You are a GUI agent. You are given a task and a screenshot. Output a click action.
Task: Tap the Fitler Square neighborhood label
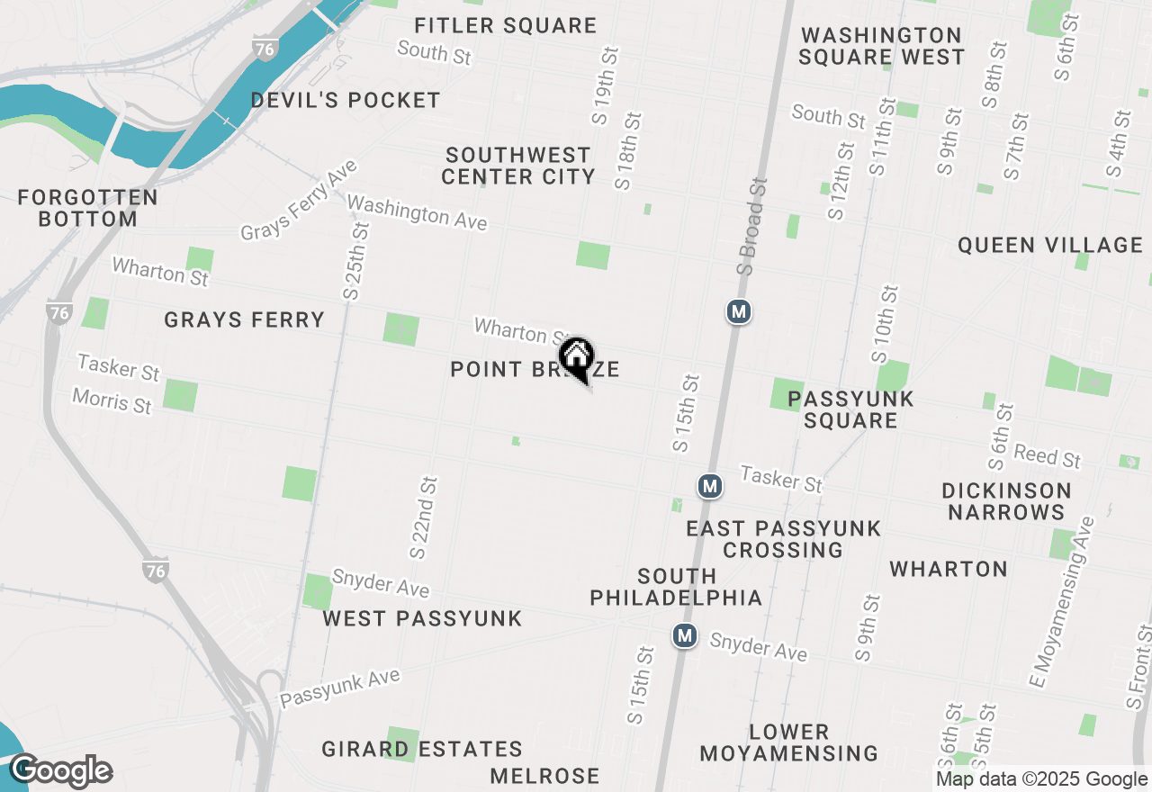[506, 25]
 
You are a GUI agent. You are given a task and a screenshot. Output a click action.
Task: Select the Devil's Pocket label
[346, 100]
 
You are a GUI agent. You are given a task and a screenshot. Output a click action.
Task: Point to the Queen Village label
[1049, 245]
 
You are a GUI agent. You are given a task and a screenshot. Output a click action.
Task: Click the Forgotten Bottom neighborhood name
[88, 207]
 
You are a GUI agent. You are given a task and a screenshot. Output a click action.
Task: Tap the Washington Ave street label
[417, 212]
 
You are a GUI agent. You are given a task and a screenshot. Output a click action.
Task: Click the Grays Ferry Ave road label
[299, 201]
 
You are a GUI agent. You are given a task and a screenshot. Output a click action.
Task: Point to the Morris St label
[112, 400]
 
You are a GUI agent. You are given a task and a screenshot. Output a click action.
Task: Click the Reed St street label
[1047, 454]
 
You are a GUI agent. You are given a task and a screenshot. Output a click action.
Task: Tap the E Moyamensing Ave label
[1063, 601]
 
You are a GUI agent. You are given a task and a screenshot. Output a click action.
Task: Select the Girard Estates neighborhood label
[422, 749]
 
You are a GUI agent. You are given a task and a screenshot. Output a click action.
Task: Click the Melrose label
[545, 776]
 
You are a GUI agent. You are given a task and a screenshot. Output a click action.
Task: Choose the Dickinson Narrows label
[1006, 501]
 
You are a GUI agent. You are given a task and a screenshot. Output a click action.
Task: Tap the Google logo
[61, 770]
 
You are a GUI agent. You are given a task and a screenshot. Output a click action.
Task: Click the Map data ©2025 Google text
[1041, 779]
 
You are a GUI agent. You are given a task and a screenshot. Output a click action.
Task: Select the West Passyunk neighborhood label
[422, 618]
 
